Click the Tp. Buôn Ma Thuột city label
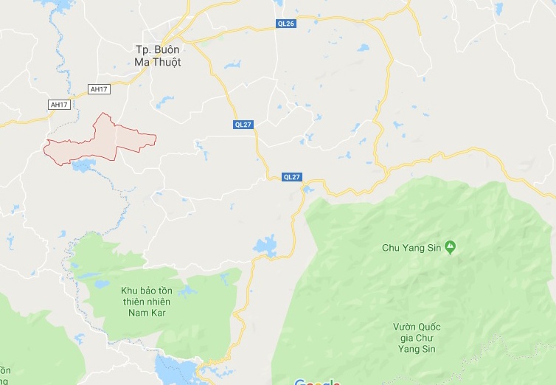click(x=158, y=55)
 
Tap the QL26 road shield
click(x=286, y=24)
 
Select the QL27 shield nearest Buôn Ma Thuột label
click(x=243, y=125)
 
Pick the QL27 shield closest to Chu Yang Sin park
click(x=293, y=177)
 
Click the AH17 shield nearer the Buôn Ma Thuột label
click(x=98, y=89)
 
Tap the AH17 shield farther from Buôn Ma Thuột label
click(x=59, y=105)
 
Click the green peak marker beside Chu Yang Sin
click(x=451, y=248)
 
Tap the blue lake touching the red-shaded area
click(x=83, y=164)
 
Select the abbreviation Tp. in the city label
click(x=142, y=49)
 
